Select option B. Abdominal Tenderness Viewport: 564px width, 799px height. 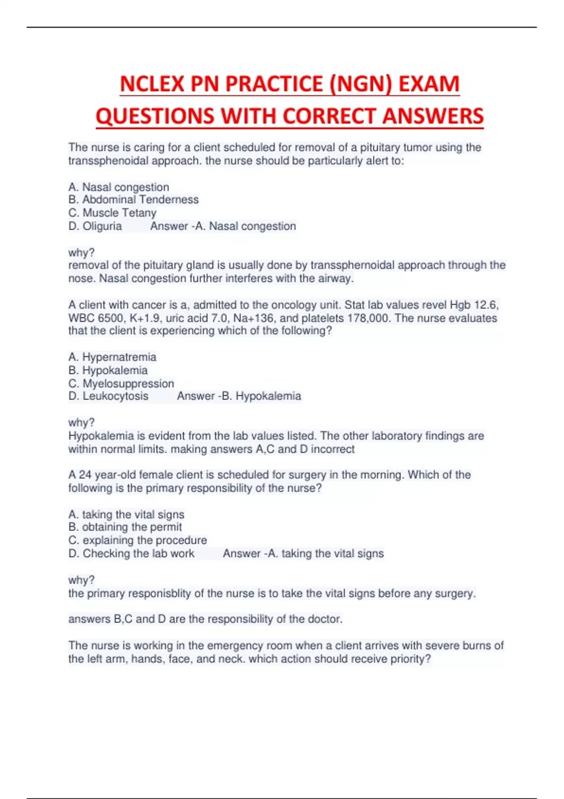tap(133, 200)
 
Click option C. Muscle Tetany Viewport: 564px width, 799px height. tap(112, 213)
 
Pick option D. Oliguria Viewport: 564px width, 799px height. tap(95, 226)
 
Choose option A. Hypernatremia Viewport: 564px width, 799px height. tap(112, 357)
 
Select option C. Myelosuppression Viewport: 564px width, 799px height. tap(121, 384)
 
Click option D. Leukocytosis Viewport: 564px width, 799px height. tap(108, 396)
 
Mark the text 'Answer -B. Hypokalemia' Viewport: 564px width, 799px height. tap(239, 396)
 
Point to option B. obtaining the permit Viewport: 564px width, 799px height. tap(125, 527)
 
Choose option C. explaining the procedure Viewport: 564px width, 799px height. tap(138, 540)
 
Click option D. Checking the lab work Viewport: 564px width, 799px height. tap(131, 554)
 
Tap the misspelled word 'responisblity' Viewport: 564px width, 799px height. tap(159, 594)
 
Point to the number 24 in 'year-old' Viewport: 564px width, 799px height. tap(85, 475)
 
